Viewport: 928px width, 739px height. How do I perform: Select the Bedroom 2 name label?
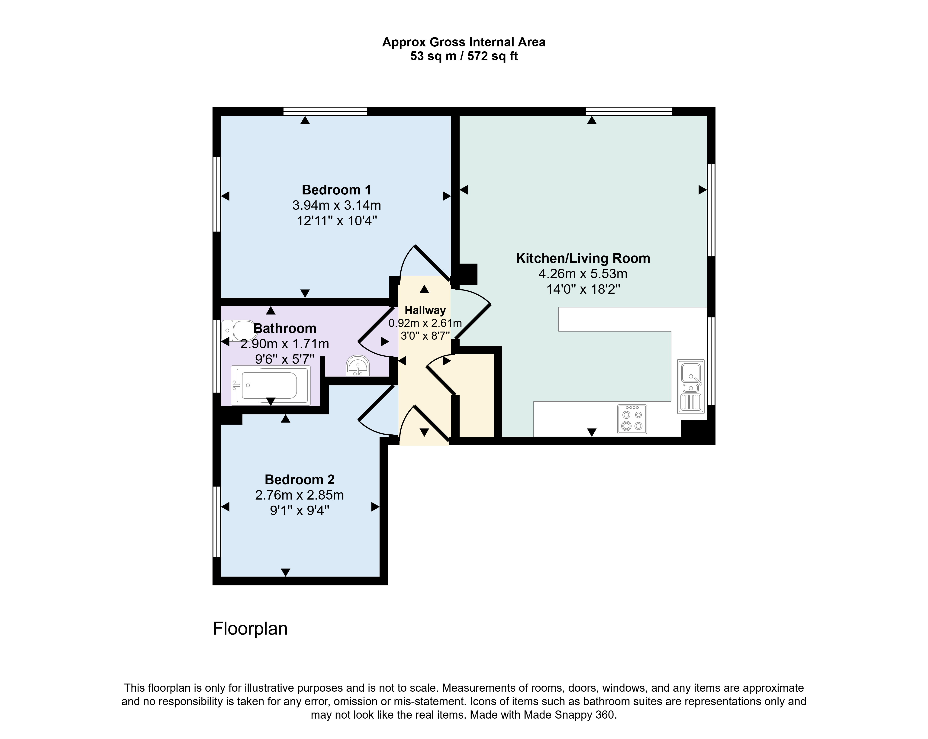pyautogui.click(x=300, y=479)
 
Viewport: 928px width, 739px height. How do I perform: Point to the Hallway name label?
pyautogui.click(x=425, y=310)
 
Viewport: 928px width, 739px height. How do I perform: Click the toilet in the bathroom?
pyautogui.click(x=239, y=331)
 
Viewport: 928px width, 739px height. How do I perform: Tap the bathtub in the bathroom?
pyautogui.click(x=270, y=385)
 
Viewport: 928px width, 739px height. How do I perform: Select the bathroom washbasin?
pyautogui.click(x=358, y=365)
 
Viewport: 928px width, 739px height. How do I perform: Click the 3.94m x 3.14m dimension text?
pyautogui.click(x=337, y=205)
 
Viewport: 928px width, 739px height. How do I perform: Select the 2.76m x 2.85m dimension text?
pyautogui.click(x=300, y=495)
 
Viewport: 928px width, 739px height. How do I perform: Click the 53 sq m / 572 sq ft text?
pyautogui.click(x=464, y=56)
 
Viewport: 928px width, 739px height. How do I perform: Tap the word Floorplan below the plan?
pyautogui.click(x=250, y=629)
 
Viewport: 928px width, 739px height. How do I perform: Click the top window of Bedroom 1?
pyautogui.click(x=325, y=111)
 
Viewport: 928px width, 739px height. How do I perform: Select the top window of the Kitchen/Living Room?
pyautogui.click(x=629, y=111)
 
